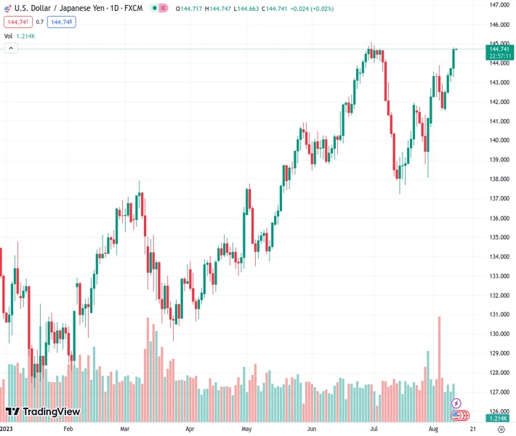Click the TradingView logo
[43, 412]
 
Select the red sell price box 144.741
[17, 22]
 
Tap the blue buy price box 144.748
[61, 22]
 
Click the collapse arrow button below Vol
[11, 48]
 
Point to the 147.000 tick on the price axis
[499, 5]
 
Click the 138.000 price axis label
[499, 179]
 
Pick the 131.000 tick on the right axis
[499, 315]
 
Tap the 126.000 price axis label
[499, 411]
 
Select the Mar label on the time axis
[125, 429]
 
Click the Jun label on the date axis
[313, 429]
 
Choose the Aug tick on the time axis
[433, 429]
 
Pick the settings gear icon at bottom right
[501, 429]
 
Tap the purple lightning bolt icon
[456, 403]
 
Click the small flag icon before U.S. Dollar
[8, 8]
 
